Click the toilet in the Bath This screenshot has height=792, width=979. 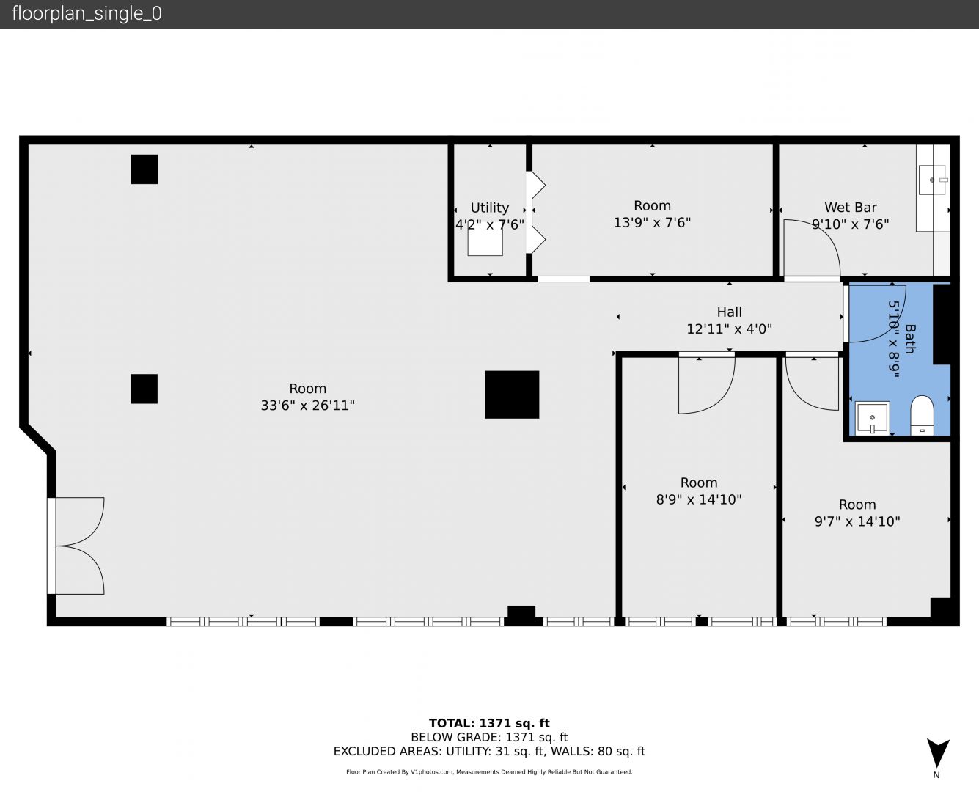922,415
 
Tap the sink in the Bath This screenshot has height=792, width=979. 872,418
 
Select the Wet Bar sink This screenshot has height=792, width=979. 933,180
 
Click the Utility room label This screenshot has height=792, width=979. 490,208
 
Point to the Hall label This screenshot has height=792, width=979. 730,312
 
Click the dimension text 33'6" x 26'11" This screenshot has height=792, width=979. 307,406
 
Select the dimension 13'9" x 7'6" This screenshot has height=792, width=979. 652,222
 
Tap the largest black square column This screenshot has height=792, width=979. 512,395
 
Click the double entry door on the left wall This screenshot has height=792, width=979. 76,546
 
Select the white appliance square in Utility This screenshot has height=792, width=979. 485,240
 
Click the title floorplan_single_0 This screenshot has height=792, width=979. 87,14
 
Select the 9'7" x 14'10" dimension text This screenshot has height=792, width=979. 857,521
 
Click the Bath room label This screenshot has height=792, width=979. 910,340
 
